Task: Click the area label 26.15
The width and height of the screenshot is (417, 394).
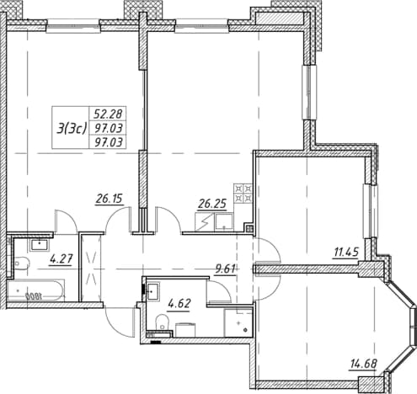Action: (x=110, y=199)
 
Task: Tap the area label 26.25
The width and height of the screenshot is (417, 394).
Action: (x=212, y=204)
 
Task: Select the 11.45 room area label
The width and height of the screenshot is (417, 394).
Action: (x=345, y=253)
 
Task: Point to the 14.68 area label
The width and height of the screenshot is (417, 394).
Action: (x=363, y=364)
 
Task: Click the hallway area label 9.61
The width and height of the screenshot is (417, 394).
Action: (x=225, y=269)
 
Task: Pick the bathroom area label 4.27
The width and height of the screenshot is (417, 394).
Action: (x=61, y=258)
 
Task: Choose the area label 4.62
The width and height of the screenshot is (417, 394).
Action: (x=179, y=304)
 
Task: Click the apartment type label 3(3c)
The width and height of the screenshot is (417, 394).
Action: (x=71, y=129)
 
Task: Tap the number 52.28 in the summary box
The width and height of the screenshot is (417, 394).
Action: (x=108, y=114)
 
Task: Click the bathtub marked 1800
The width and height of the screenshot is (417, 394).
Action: (x=35, y=290)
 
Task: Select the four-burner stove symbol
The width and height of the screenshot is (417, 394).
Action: (x=243, y=194)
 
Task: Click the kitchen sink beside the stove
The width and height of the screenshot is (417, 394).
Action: (x=224, y=222)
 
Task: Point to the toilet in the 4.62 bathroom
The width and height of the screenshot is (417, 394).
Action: (x=161, y=322)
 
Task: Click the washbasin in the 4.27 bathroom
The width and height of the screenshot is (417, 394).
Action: (x=40, y=245)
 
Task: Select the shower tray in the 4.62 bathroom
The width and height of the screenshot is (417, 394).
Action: (x=238, y=322)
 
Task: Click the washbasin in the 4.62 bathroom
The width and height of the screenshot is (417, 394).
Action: (x=152, y=291)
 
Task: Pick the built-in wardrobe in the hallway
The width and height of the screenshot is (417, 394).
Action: (x=91, y=268)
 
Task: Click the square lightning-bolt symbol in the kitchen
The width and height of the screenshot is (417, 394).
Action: (x=205, y=222)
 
